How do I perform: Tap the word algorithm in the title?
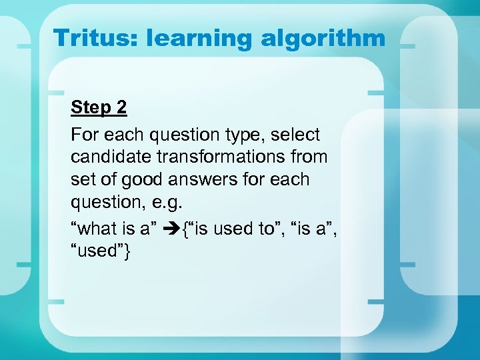point(323,37)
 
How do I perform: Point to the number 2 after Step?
point(121,107)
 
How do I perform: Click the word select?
point(296,135)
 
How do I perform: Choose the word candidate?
point(111,157)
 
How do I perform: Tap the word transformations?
point(225,157)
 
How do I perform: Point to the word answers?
point(200,179)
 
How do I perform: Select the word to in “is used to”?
point(265,229)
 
